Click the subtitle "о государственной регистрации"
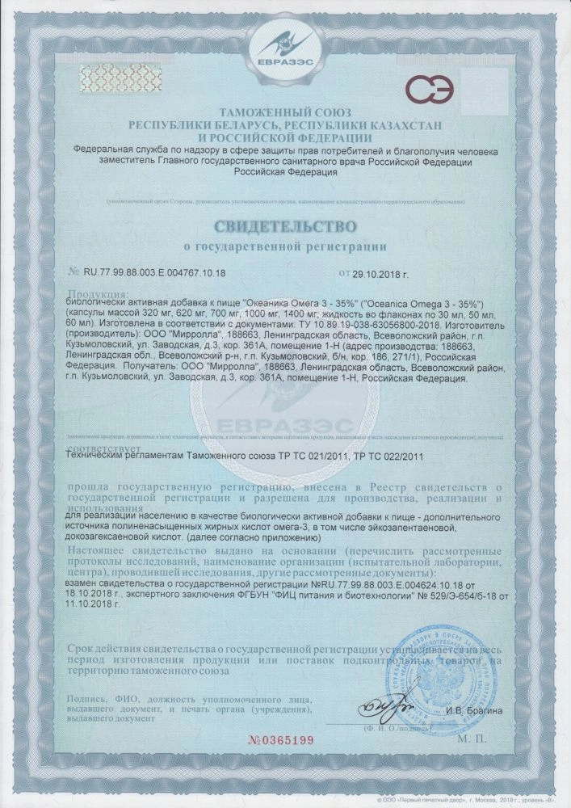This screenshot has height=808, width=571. [285, 245]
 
